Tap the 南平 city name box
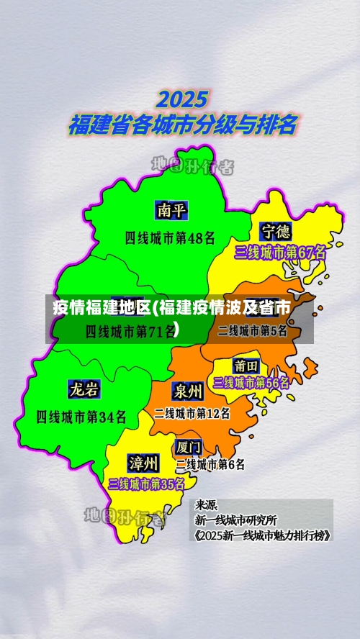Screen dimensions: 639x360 172,210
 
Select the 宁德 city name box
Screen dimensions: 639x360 276,231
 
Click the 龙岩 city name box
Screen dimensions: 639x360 84,389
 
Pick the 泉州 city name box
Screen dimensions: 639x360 187,391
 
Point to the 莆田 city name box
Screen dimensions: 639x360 246,366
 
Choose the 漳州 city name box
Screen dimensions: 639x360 143,461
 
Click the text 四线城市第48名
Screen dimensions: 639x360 170,237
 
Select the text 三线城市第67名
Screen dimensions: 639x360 280,253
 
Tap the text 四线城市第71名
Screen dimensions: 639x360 130,331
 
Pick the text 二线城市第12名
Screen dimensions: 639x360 192,413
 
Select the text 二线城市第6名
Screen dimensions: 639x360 210,464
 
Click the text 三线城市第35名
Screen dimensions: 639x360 146,484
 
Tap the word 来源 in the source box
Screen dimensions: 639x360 207,504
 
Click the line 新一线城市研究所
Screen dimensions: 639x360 235,519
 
